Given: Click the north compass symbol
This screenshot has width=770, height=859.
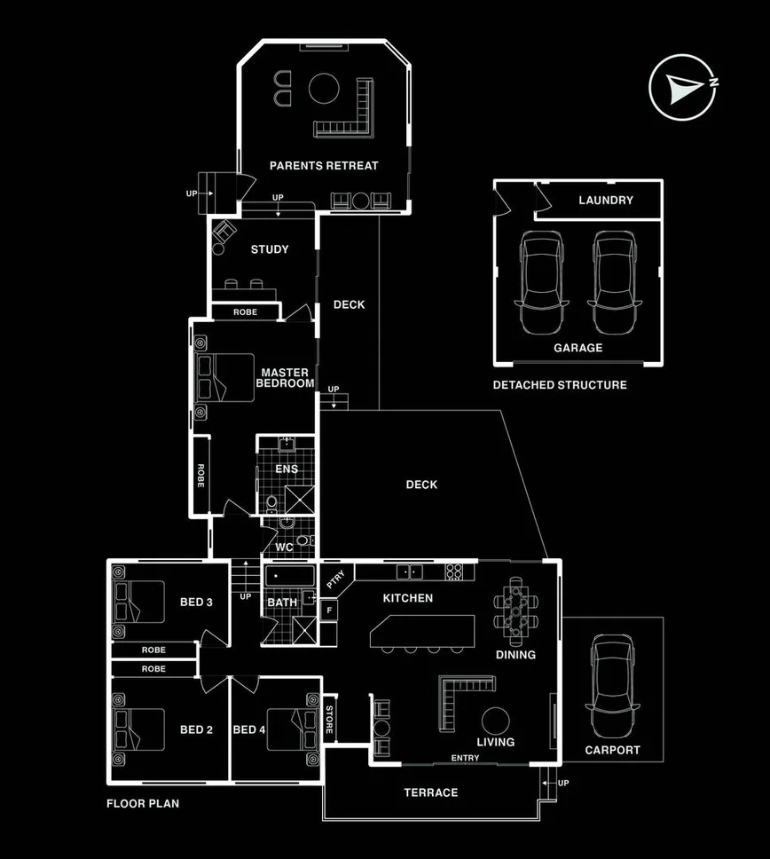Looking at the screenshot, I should [684, 87].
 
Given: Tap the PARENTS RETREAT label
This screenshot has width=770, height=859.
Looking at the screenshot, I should [324, 166].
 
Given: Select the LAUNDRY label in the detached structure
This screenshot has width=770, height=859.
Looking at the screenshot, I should [606, 201].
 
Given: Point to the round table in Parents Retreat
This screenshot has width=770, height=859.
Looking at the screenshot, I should [324, 89].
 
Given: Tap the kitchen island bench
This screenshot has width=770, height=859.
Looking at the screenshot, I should [422, 632].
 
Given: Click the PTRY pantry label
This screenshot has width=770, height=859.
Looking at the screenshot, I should [335, 581].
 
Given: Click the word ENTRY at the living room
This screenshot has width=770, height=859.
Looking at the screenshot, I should [465, 758].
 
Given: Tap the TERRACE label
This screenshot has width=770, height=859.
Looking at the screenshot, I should [431, 792].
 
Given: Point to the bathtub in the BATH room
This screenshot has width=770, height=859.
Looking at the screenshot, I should [288, 577].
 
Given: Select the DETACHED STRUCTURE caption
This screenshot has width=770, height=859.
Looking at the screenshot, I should [560, 385].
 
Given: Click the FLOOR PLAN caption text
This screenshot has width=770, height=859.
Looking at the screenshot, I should [143, 805].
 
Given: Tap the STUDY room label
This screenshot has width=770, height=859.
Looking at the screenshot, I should [270, 249].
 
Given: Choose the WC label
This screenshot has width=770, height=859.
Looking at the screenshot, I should [284, 548].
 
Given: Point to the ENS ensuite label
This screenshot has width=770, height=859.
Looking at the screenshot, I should [287, 469].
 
